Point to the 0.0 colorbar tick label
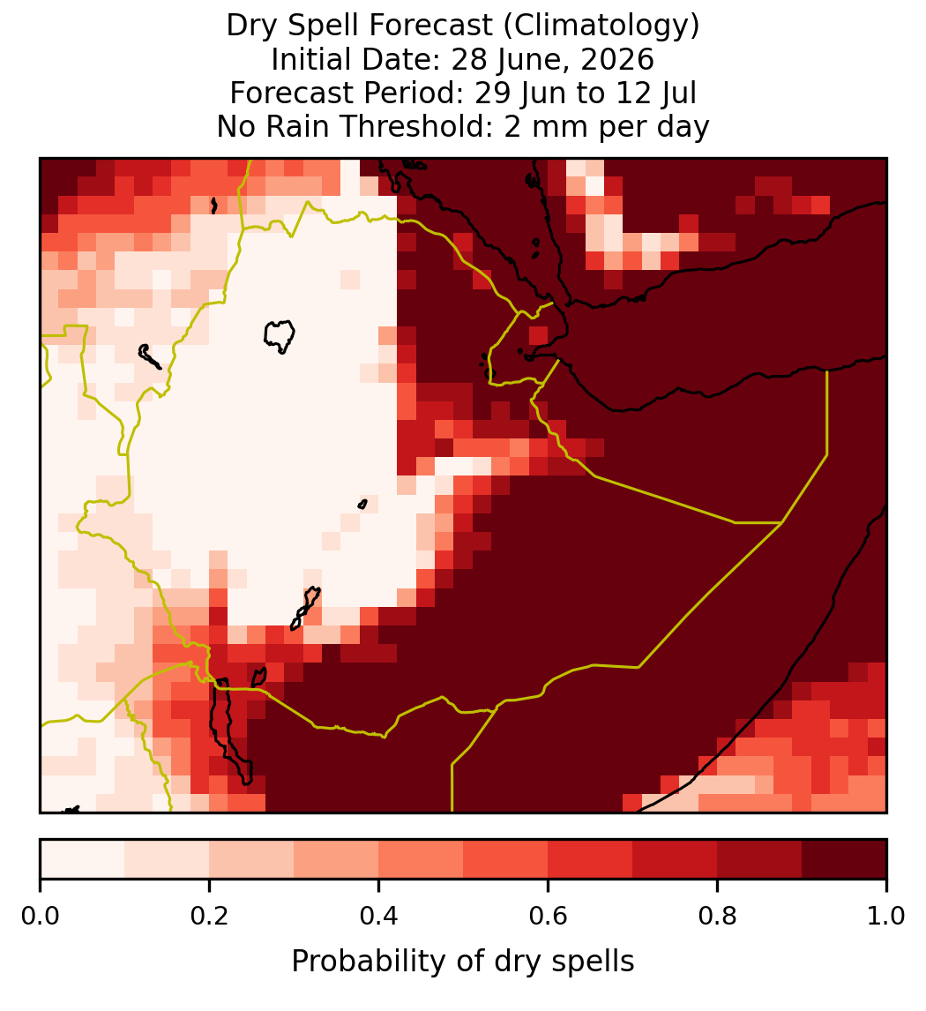40,917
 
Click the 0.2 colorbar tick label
209,917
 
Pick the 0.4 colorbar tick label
379,917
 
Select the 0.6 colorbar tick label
549,917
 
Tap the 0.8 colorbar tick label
718,917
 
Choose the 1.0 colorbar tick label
886,917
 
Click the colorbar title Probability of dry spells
463,962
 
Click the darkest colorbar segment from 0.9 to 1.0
844,859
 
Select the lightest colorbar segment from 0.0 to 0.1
83,859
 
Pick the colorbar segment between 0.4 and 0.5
422,859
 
